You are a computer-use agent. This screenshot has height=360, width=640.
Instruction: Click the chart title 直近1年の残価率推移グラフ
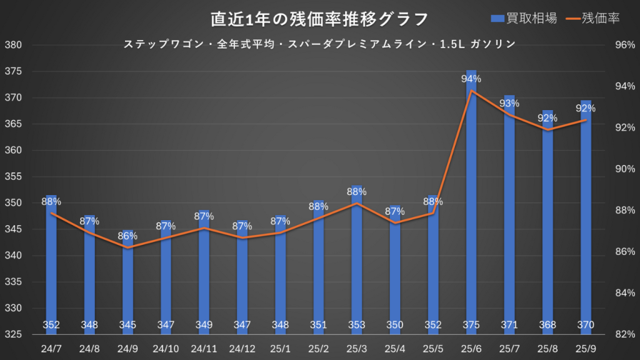click(319, 19)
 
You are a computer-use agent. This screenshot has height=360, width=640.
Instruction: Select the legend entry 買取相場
click(524, 19)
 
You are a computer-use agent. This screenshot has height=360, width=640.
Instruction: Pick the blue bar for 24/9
click(128, 281)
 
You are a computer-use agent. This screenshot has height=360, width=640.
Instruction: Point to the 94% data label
click(471, 79)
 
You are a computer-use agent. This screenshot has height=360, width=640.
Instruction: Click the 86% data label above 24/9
click(128, 236)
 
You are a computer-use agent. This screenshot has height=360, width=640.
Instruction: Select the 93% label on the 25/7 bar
click(509, 103)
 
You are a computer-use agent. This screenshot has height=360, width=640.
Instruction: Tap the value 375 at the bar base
click(471, 324)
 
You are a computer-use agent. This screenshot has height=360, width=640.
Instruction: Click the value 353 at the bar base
click(357, 324)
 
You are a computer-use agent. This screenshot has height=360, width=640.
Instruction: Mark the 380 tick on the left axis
click(14, 46)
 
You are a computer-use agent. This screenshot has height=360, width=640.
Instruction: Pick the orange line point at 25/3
click(357, 203)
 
